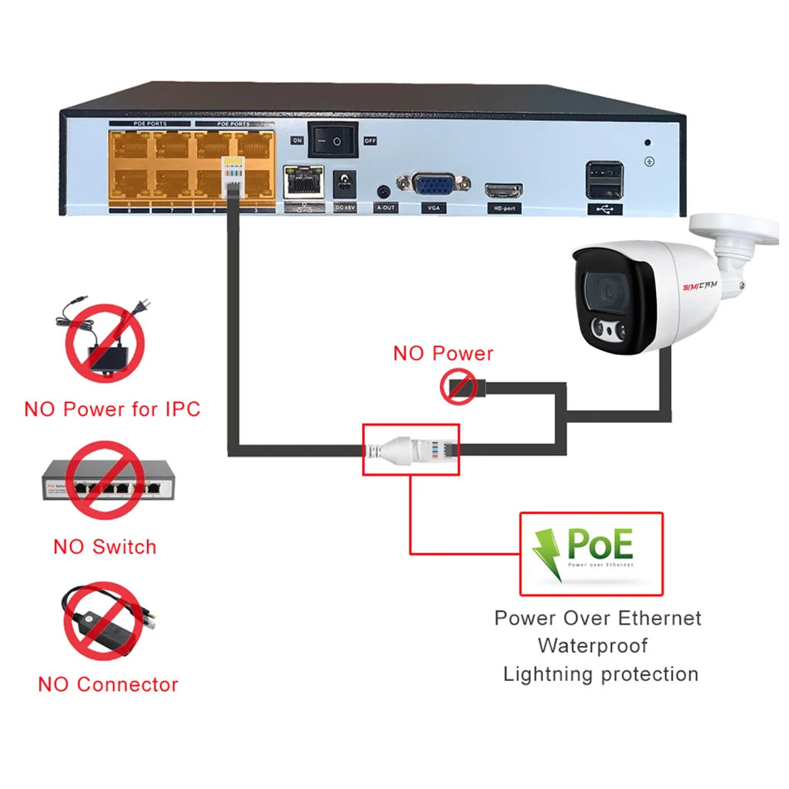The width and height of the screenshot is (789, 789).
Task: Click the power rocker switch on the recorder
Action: pyautogui.click(x=333, y=140)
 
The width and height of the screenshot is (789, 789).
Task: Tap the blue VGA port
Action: pyautogui.click(x=434, y=184)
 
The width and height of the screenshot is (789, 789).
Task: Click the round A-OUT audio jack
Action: pyautogui.click(x=384, y=190)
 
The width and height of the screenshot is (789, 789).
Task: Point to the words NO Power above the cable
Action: pyautogui.click(x=443, y=353)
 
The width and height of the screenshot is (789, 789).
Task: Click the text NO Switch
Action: pyautogui.click(x=105, y=546)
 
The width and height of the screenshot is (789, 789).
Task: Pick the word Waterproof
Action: pyautogui.click(x=592, y=645)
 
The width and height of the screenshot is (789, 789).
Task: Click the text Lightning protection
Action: pyautogui.click(x=600, y=674)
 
